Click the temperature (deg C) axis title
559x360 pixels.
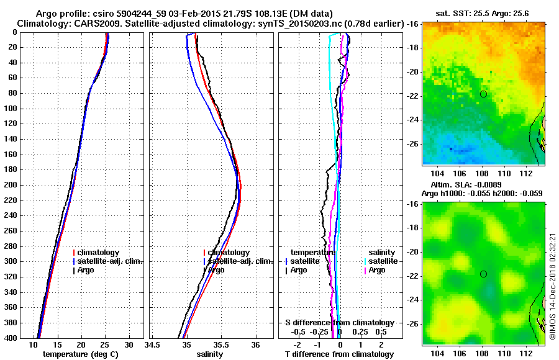point(81,354)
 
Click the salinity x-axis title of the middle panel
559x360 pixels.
point(211,354)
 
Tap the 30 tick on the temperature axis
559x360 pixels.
point(129,344)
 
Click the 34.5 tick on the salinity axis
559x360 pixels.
point(152,344)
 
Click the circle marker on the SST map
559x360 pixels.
point(483,94)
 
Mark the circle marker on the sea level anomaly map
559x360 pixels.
point(483,274)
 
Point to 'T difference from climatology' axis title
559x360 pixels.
point(339,354)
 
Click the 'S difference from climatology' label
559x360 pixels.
point(339,323)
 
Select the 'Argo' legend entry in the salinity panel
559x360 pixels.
point(216,270)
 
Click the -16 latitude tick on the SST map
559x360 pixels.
point(414,24)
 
